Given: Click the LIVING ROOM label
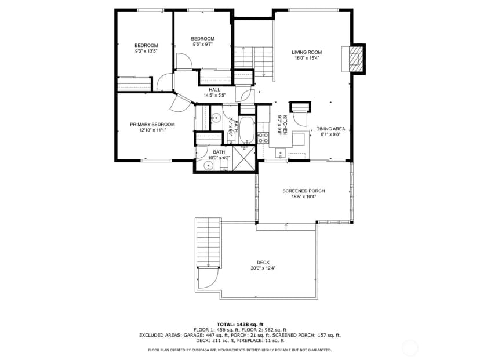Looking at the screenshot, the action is (307, 52).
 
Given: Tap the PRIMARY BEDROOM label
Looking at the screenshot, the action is (152, 125).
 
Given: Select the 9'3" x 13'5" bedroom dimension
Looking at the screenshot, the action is (146, 52).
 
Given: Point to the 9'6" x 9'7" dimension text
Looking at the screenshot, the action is (203, 45).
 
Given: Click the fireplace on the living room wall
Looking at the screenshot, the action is (354, 59).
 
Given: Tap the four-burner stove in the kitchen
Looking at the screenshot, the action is (263, 138).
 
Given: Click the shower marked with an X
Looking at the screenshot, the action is (243, 159).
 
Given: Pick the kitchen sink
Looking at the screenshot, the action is (281, 152).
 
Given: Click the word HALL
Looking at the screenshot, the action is (214, 90).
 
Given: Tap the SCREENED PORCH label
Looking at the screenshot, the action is (304, 191).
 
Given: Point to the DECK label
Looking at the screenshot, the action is (263, 263).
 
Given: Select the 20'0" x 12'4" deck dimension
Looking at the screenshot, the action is (263, 268).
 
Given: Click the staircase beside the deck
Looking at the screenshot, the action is (209, 242).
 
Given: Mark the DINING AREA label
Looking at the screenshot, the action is (330, 129).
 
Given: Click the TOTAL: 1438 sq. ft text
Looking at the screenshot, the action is (240, 325).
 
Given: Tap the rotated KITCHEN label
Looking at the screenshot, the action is (285, 125).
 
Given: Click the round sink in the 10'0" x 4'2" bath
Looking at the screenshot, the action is (208, 166).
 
